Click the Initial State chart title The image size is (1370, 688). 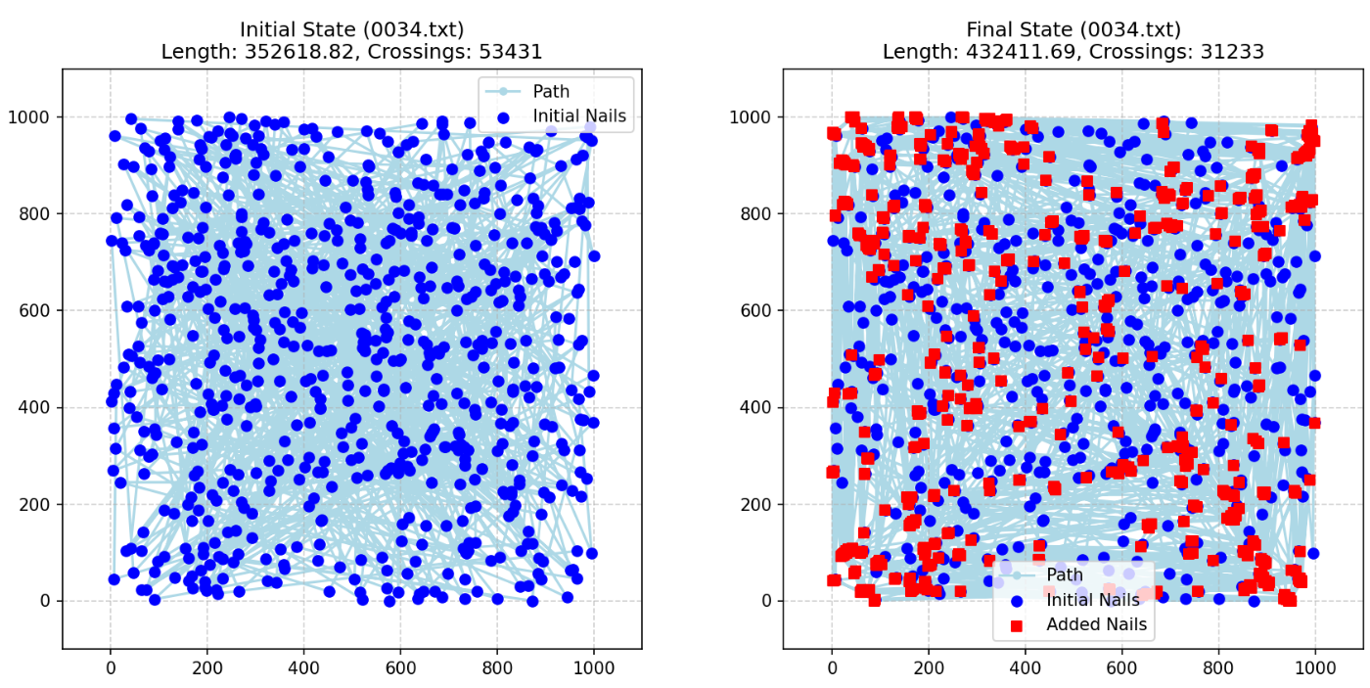(351, 29)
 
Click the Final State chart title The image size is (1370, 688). (1073, 29)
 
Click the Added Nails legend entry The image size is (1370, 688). (1096, 624)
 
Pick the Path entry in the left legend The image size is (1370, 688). (551, 92)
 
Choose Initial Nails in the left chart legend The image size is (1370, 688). (579, 116)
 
